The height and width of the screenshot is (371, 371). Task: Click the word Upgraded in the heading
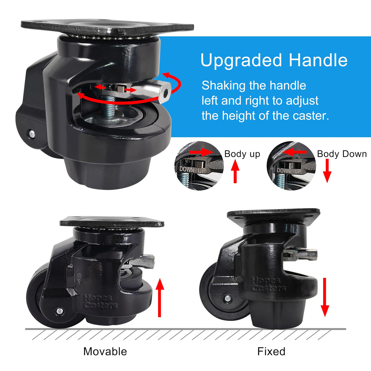(x=241, y=60)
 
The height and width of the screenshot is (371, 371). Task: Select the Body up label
(x=242, y=154)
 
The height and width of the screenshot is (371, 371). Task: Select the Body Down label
(x=342, y=154)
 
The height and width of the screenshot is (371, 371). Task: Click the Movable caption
(x=105, y=351)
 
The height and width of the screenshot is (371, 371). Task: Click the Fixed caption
(x=271, y=351)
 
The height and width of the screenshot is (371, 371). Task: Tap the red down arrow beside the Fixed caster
(x=325, y=297)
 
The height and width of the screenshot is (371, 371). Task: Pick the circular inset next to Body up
(x=199, y=166)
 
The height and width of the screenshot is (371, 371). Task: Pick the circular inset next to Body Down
(x=291, y=166)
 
